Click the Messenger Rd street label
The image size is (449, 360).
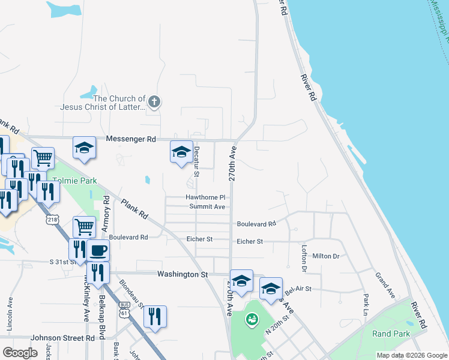point(131,139)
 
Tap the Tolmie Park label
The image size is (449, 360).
point(74,181)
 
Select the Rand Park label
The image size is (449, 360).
point(391,334)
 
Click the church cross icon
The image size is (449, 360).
point(154,101)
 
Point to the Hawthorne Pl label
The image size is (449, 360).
point(205,197)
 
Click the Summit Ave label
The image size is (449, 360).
point(207,207)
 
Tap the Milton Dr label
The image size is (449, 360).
point(326,256)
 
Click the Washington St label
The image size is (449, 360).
point(182,274)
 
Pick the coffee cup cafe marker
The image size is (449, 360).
point(98,250)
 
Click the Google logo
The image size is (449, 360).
point(20,353)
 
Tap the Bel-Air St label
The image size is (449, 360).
point(298,289)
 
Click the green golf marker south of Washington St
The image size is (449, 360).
point(250,320)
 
